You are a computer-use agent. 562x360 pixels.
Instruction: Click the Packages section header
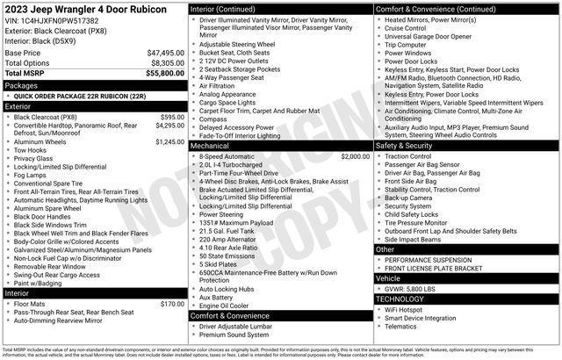21,86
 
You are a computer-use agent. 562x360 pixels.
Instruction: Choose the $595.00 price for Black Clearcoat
172,117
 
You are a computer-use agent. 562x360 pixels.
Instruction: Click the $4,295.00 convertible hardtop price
169,126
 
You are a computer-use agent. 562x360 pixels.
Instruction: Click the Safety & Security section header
406,146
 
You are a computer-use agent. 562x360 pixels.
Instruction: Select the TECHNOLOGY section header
400,299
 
